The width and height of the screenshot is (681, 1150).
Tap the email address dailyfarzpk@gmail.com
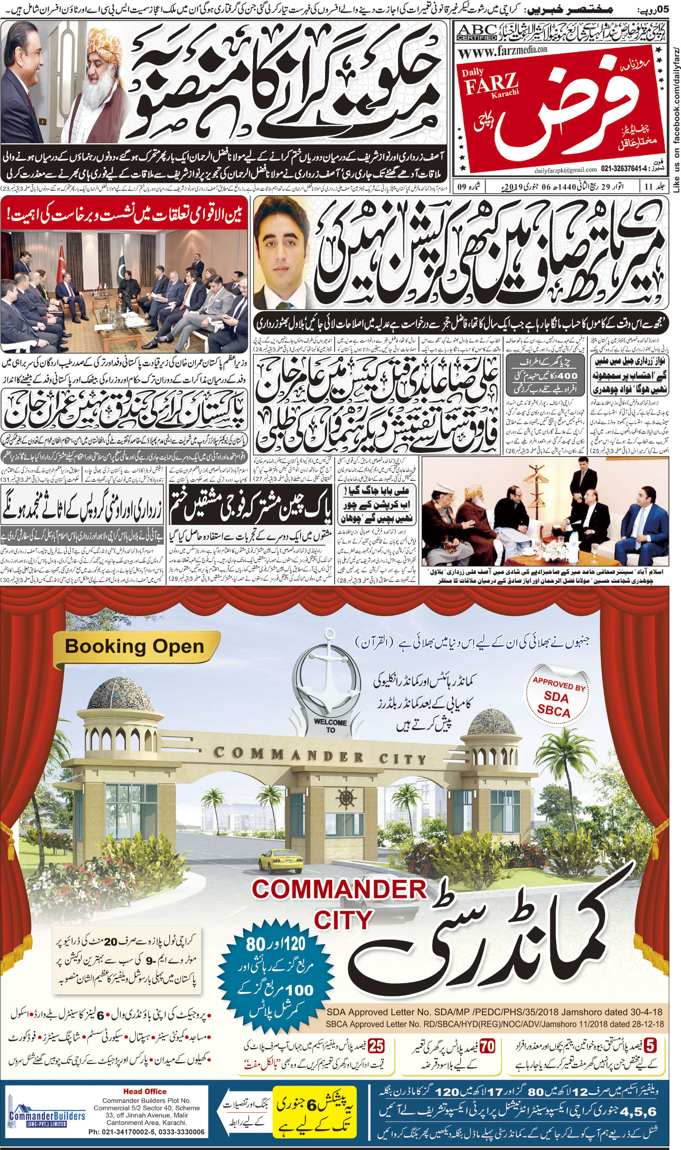565,170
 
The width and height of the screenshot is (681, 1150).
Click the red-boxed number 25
376,1047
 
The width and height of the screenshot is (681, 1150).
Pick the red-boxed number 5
650,1047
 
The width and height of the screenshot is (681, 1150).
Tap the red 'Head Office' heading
145,1091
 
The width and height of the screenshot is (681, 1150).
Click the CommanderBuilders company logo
47,1116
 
